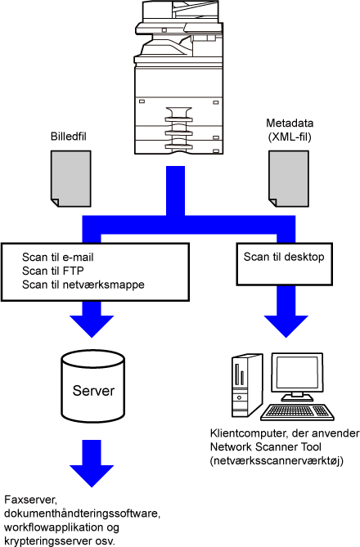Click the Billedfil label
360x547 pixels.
(69, 137)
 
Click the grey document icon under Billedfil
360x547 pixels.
(71, 178)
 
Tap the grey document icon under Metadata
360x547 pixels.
(289, 178)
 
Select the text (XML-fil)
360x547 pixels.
(290, 137)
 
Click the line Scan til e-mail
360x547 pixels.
(58, 257)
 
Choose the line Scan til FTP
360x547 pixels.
(53, 271)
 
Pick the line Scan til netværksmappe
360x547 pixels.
(83, 285)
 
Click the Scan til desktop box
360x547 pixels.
(284, 264)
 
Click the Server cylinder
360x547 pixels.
(93, 387)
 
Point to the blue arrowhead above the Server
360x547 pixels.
(92, 325)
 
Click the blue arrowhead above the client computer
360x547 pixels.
(286, 325)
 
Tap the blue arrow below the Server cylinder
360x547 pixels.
(92, 464)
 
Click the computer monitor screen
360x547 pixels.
(297, 372)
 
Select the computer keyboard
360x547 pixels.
(297, 412)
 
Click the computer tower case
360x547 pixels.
(246, 386)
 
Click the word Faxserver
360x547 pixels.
(30, 500)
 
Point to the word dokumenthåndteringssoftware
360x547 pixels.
(82, 513)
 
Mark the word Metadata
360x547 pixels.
(290, 123)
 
